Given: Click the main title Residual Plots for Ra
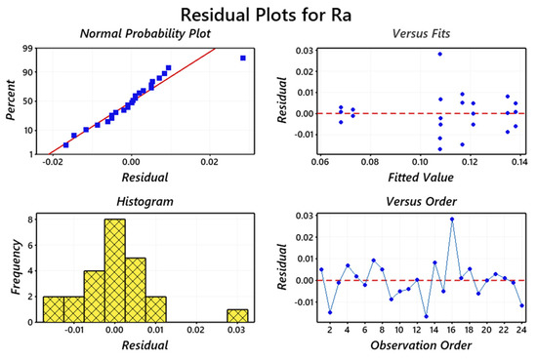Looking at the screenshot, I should pyautogui.click(x=268, y=14).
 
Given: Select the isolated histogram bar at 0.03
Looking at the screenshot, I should pyautogui.click(x=236, y=316).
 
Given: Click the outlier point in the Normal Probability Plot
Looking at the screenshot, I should pyautogui.click(x=243, y=59).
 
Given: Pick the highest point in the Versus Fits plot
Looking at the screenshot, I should pyautogui.click(x=440, y=55).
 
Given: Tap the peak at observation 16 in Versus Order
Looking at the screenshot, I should pyautogui.click(x=452, y=220).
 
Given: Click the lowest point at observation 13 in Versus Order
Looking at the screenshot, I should pyautogui.click(x=427, y=316).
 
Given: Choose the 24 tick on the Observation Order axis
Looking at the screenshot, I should pyautogui.click(x=521, y=332).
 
